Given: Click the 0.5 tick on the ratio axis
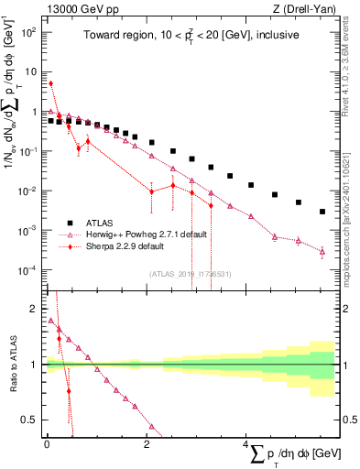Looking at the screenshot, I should pyautogui.click(x=31, y=420).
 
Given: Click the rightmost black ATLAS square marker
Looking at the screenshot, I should pyautogui.click(x=322, y=212).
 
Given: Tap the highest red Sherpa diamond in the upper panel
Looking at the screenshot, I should pyautogui.click(x=51, y=83).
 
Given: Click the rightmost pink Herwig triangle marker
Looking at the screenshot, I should pyautogui.click(x=322, y=251).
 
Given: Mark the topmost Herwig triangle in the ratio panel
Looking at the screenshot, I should pyautogui.click(x=51, y=321).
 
